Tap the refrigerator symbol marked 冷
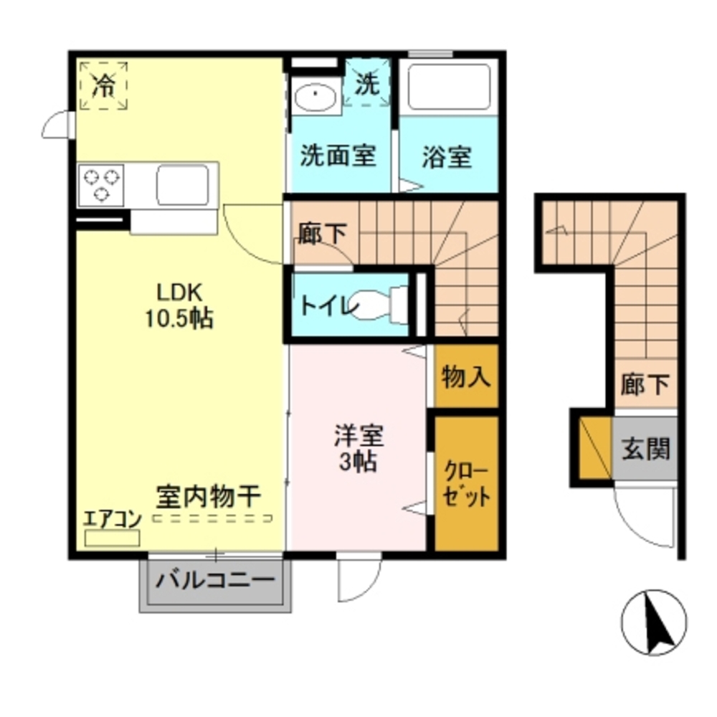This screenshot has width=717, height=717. [x=104, y=86]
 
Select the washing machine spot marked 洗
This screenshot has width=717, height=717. [x=367, y=85]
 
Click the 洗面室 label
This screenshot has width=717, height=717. [x=338, y=156]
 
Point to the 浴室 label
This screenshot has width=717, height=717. [x=447, y=157]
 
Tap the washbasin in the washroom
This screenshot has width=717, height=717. [x=315, y=98]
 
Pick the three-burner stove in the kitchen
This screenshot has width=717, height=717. [x=101, y=184]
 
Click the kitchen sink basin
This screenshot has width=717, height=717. [x=183, y=184]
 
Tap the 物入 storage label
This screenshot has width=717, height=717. [x=466, y=376]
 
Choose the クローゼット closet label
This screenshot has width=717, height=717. [x=466, y=485]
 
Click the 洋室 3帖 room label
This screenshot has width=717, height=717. [x=358, y=448]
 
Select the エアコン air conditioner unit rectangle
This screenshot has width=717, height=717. [x=112, y=538]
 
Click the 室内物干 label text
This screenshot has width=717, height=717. [x=208, y=496]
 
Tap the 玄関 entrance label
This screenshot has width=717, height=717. [x=645, y=449]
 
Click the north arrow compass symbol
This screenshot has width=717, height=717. [x=654, y=622]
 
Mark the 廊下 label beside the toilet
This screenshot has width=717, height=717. [x=322, y=233]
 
